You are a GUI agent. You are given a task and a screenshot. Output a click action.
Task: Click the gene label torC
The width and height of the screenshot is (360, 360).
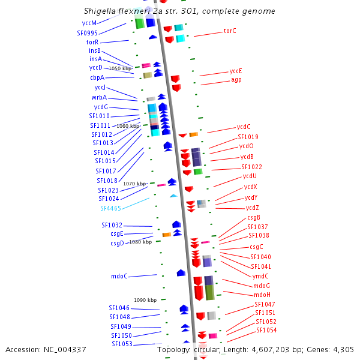pyautogui.click(x=230, y=31)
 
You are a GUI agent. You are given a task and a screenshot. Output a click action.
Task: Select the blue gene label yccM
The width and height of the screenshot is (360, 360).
pyautogui.click(x=89, y=23)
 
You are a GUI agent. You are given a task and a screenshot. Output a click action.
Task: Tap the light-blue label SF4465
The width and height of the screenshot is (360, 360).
pyautogui.click(x=110, y=208)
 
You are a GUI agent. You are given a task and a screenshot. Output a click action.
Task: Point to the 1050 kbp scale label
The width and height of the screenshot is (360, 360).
pyautogui.click(x=120, y=68)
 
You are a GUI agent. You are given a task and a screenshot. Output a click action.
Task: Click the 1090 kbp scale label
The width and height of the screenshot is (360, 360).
pyautogui.click(x=145, y=300)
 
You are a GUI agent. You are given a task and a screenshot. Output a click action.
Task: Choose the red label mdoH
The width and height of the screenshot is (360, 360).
pyautogui.click(x=262, y=295)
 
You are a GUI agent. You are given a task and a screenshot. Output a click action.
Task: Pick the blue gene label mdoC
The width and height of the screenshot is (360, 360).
pyautogui.click(x=119, y=276)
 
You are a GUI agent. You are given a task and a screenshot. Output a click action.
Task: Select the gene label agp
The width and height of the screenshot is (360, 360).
pyautogui.click(x=236, y=80)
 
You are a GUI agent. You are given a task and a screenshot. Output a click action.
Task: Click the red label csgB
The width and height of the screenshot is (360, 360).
pyautogui.click(x=254, y=217)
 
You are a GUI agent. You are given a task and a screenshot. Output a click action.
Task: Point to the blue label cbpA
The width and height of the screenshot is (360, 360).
pyautogui.click(x=97, y=77)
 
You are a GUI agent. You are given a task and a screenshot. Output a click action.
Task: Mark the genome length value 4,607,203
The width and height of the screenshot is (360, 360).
pyautogui.click(x=270, y=350)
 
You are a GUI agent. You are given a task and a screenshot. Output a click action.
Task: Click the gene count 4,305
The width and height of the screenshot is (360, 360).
pyautogui.click(x=343, y=350)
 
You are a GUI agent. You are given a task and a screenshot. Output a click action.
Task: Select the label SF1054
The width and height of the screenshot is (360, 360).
pyautogui.click(x=266, y=330)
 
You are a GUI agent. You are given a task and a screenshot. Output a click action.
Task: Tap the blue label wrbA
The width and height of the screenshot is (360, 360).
pyautogui.click(x=99, y=97)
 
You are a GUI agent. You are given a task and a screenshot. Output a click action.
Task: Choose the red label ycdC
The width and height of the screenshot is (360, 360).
pyautogui.click(x=244, y=127)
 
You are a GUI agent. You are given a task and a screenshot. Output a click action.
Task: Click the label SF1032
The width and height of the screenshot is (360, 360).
pyautogui.click(x=112, y=225)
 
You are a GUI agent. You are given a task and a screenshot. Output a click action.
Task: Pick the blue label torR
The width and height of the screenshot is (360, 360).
pyautogui.click(x=92, y=42)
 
